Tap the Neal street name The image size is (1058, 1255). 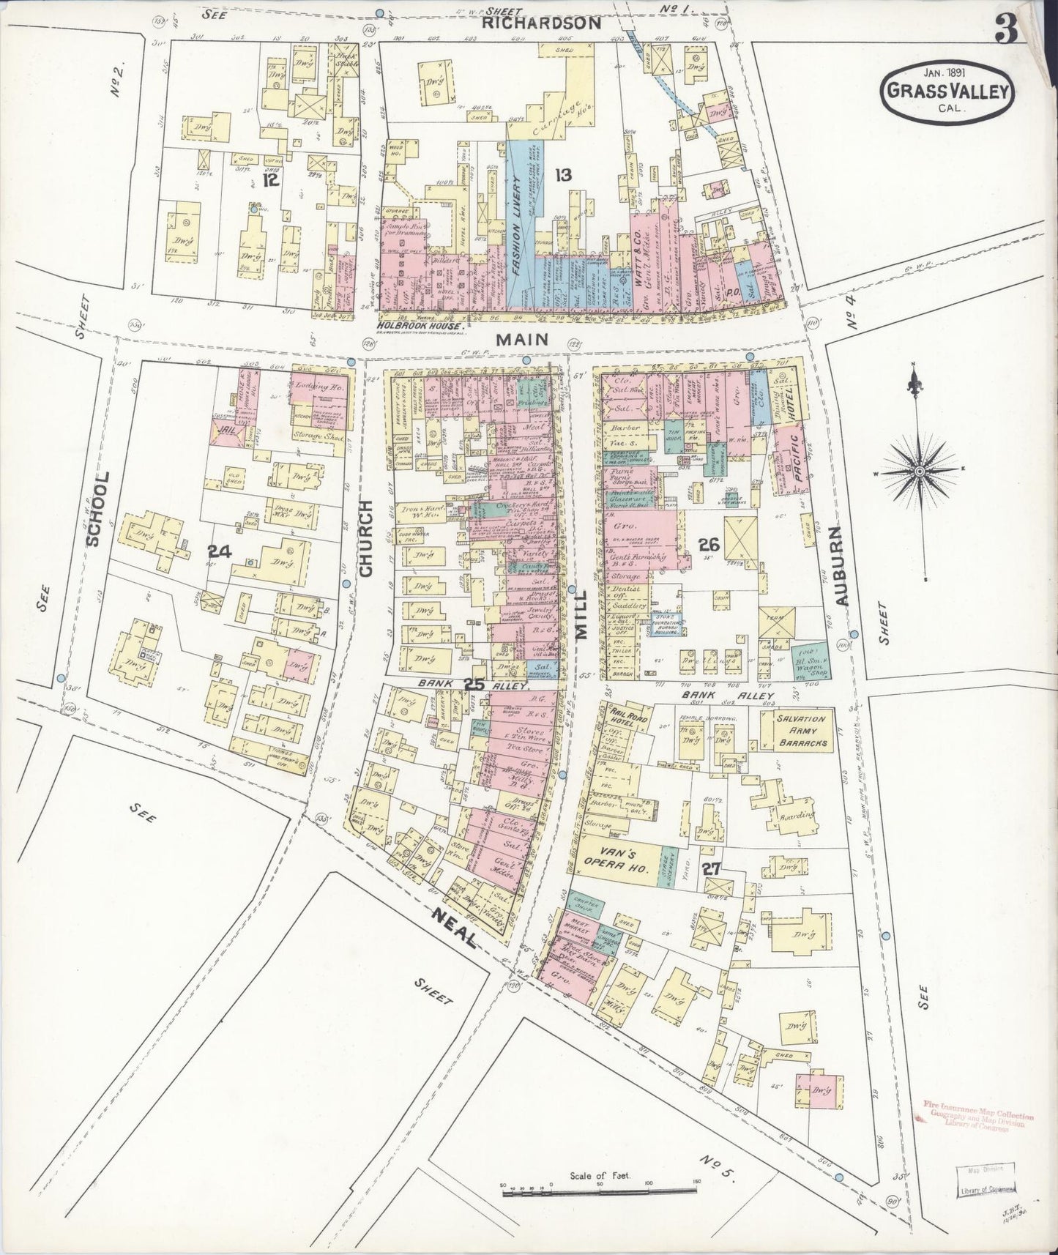pyautogui.click(x=455, y=926)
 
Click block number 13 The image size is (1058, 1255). pyautogui.click(x=562, y=174)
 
